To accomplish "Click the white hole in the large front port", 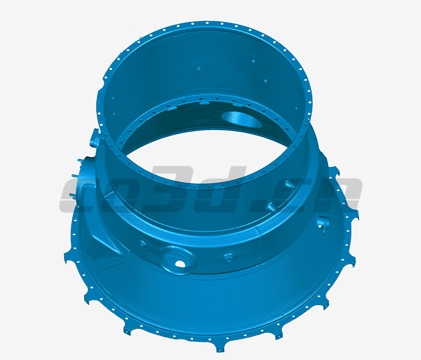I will (180, 263).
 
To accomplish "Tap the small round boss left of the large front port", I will (141, 243).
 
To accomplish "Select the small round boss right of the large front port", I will (227, 258).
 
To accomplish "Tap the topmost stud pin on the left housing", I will (79, 160).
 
